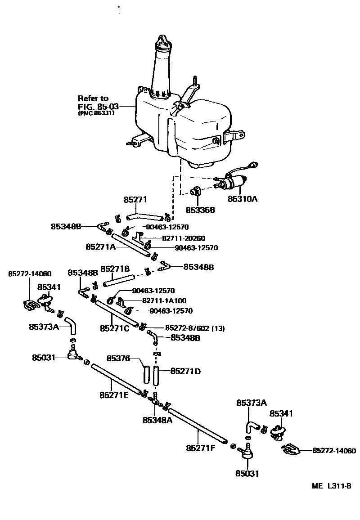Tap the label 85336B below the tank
(200, 210)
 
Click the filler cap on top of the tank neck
(163, 41)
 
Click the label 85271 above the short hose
(135, 199)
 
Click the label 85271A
(101, 247)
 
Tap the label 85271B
(115, 269)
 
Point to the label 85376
(118, 359)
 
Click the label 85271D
(185, 371)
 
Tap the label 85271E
(114, 395)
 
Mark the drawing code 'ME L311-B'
(332, 486)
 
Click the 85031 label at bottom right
(247, 473)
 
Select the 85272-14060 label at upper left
(30, 273)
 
